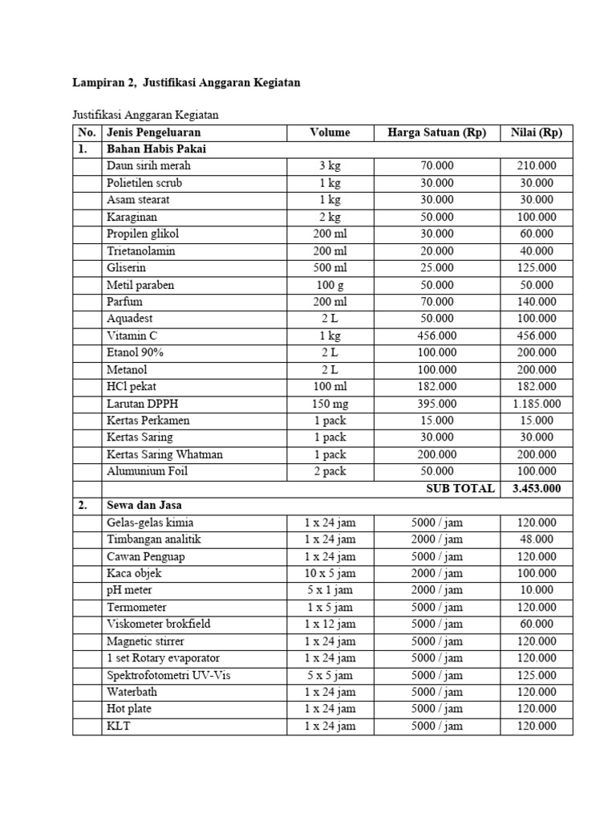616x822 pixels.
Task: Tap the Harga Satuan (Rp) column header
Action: [436, 132]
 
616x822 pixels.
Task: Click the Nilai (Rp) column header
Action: [537, 132]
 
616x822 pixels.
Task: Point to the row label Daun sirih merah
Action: [149, 166]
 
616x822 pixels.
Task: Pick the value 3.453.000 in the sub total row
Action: [537, 488]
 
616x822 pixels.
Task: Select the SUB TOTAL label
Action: [460, 488]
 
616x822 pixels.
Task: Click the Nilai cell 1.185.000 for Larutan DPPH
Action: [537, 404]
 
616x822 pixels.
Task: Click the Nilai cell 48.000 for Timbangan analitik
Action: [537, 539]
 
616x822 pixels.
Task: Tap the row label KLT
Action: [118, 726]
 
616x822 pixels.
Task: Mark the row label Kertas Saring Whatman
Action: [164, 454]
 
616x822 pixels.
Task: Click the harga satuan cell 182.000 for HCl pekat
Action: [436, 387]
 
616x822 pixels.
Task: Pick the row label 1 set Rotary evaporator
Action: [164, 658]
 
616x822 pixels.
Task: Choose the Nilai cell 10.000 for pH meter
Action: [537, 590]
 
